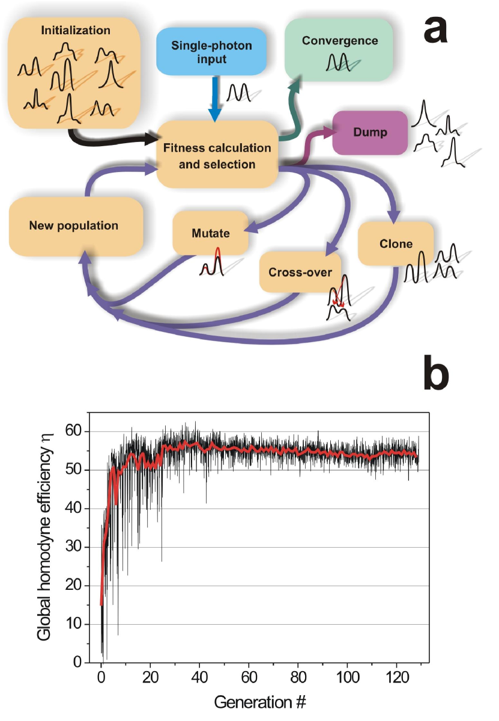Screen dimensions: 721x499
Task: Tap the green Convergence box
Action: pos(340,48)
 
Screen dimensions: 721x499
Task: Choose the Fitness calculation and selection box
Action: pos(217,155)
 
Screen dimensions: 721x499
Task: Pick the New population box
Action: pos(74,226)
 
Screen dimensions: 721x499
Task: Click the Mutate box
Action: pos(210,232)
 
